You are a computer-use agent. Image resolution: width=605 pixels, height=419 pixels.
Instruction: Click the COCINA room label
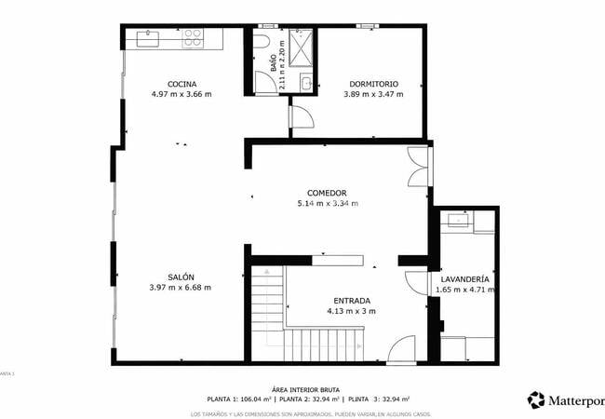(x=181, y=84)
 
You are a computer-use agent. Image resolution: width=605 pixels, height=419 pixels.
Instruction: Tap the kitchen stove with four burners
(x=193, y=38)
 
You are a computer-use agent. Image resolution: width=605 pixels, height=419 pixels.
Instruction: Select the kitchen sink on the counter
(x=148, y=38)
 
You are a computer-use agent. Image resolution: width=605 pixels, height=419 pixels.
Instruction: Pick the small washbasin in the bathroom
(x=306, y=85)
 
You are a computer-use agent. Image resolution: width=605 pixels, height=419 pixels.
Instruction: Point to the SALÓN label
(x=181, y=277)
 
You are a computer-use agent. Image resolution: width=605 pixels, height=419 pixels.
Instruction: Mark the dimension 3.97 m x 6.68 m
(x=181, y=288)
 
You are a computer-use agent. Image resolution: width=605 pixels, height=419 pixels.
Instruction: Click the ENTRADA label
(x=351, y=301)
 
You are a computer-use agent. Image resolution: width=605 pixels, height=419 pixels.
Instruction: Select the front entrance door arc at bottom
(x=402, y=350)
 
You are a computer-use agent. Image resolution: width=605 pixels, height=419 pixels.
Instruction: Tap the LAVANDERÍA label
(x=464, y=278)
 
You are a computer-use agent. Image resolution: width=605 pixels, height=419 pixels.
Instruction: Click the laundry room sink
(x=458, y=222)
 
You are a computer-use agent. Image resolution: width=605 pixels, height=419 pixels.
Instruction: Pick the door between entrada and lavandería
(x=415, y=282)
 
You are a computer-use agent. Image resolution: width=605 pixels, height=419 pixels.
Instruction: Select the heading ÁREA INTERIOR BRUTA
(x=304, y=389)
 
